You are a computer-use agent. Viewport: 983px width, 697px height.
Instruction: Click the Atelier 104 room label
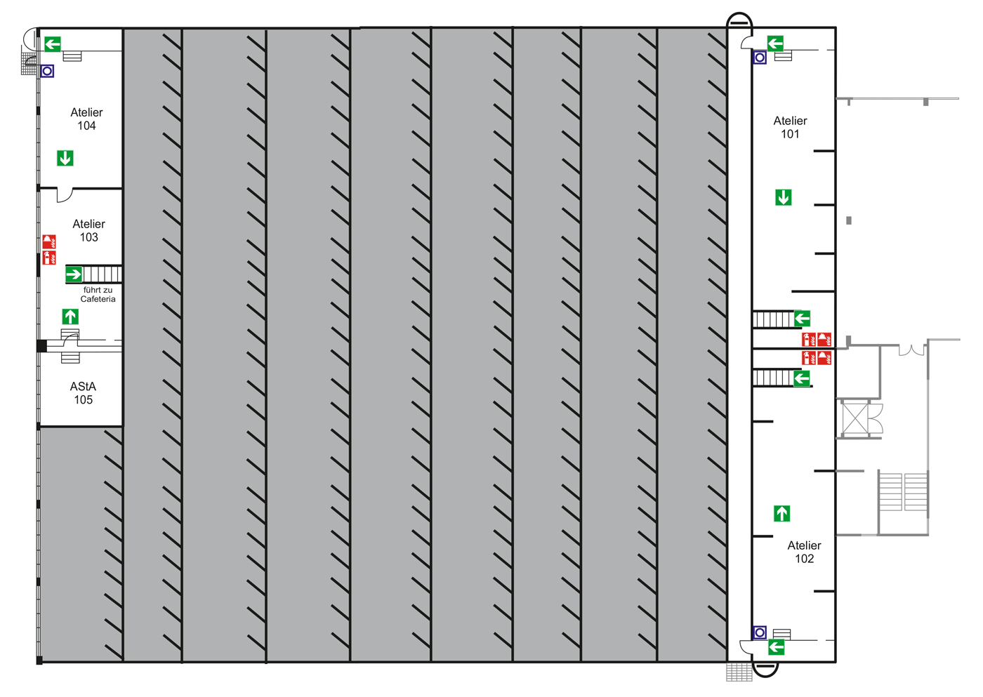(86, 119)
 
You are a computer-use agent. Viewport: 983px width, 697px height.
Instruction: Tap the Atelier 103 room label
(88, 231)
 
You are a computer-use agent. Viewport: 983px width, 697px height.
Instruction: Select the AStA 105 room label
(83, 393)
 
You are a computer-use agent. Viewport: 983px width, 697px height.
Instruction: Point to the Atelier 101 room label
(790, 128)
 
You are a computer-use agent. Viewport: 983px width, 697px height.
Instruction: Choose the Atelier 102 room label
(804, 552)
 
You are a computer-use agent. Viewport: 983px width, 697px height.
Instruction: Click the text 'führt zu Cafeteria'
(98, 295)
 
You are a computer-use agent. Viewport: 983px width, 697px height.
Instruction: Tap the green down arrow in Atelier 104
(65, 159)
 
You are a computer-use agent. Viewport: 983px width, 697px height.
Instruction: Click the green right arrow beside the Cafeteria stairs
(74, 274)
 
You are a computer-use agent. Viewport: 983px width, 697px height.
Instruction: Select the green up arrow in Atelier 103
(70, 317)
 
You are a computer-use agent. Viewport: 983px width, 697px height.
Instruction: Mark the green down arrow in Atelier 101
(784, 198)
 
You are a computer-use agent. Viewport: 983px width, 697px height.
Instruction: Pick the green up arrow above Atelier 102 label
(781, 514)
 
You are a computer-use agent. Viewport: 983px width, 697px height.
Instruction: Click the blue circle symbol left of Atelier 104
(47, 71)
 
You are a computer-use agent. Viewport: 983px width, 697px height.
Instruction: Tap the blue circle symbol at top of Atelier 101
(760, 58)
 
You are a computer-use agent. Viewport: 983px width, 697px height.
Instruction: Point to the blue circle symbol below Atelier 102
(760, 632)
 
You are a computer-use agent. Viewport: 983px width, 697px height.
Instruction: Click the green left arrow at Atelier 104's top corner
(53, 44)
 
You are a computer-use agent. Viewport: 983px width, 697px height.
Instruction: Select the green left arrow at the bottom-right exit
(776, 647)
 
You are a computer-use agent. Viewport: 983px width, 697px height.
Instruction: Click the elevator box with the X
(856, 418)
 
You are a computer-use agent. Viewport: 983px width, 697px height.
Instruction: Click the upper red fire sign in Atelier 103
(49, 241)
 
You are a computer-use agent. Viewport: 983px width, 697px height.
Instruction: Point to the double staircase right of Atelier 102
(903, 492)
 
